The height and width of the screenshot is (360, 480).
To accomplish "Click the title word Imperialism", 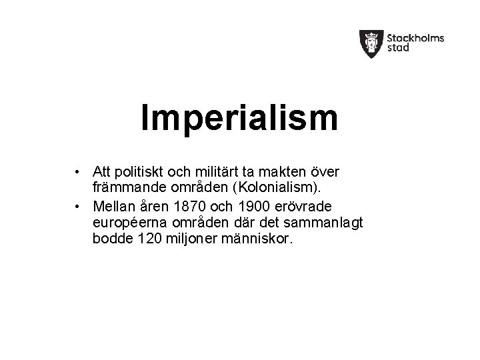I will click(239, 118).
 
